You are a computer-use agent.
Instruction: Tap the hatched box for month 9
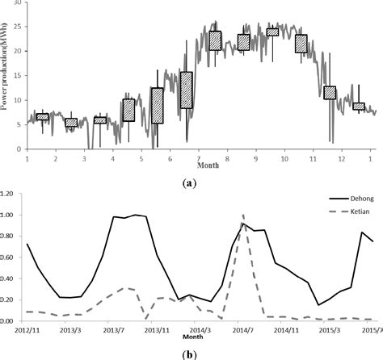(x=272, y=32)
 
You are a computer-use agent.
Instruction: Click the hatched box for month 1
(x=43, y=117)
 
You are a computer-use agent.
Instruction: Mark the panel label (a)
(x=191, y=184)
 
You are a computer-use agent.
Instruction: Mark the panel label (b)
(x=191, y=353)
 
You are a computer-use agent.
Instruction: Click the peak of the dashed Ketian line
(x=243, y=216)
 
